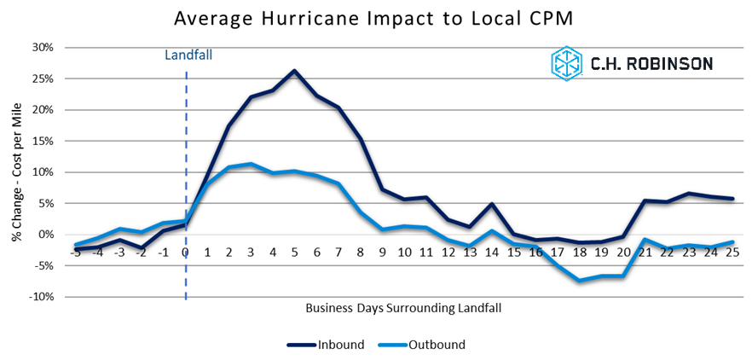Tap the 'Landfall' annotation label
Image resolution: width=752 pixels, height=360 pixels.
coord(188,55)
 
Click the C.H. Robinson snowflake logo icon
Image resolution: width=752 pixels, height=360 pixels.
coord(566,64)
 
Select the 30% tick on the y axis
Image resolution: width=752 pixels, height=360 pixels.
coord(42,47)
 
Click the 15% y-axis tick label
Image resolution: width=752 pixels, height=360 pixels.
coord(42,141)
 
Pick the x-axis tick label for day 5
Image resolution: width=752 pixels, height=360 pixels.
coord(295,252)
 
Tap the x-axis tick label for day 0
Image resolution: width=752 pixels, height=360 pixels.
coord(186,252)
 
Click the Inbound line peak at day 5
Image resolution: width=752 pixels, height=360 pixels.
coord(295,71)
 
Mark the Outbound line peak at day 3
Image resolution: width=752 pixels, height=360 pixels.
coord(252,164)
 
